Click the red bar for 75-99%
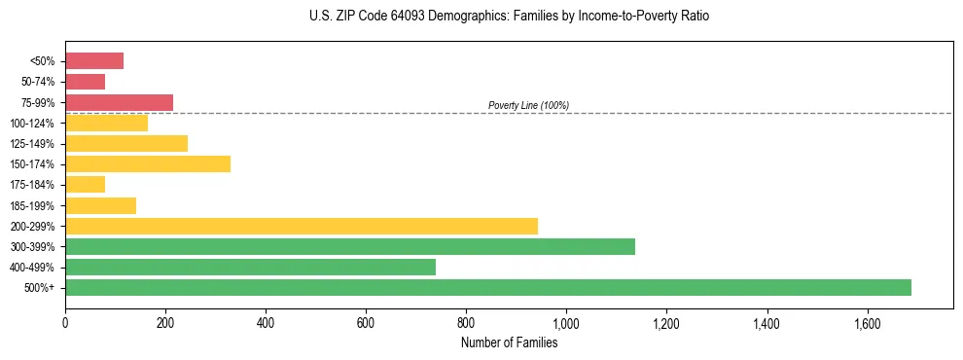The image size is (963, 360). point(119,102)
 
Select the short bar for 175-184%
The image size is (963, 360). point(85,184)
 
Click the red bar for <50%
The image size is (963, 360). point(94,60)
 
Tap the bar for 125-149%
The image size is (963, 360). point(126,143)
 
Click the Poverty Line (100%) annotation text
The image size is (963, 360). point(528,105)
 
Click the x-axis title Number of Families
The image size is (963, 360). point(509,342)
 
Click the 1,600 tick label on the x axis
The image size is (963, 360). point(867,323)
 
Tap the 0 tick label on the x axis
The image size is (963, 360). point(65,323)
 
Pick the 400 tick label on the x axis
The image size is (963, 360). point(266,323)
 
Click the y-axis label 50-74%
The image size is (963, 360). point(38,82)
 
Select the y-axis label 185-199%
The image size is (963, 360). point(34,205)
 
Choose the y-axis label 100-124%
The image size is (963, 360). point(34,123)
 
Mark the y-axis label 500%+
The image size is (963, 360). point(40,288)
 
